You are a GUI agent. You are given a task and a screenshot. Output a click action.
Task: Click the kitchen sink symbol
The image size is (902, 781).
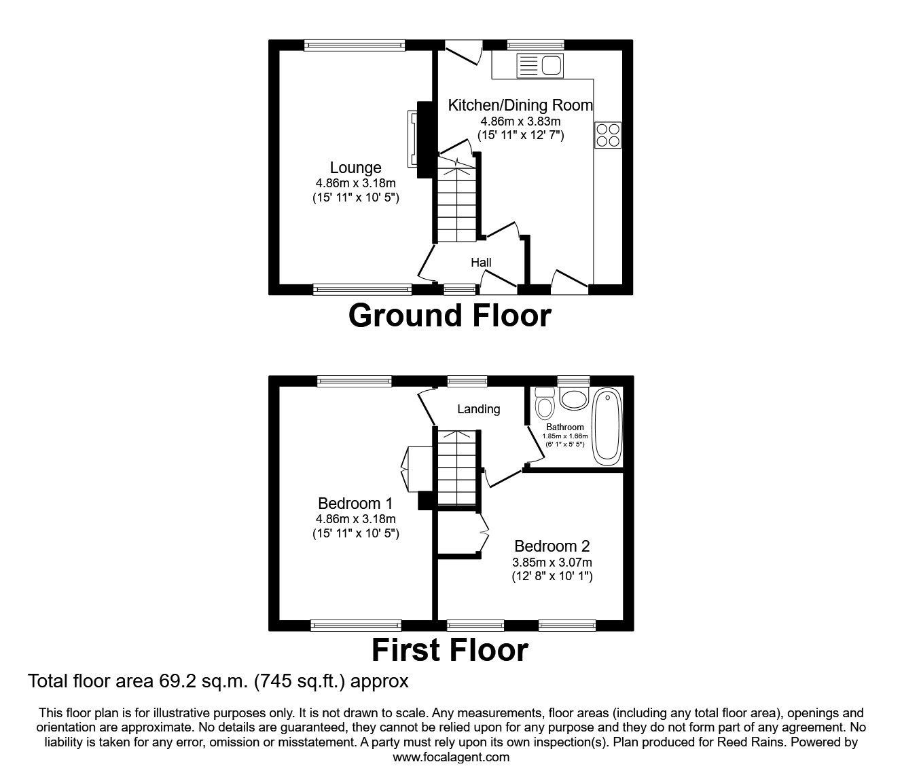(540, 66)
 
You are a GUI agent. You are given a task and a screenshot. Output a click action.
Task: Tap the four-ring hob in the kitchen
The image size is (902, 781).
(608, 134)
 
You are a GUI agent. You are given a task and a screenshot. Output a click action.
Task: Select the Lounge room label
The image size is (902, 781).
(355, 168)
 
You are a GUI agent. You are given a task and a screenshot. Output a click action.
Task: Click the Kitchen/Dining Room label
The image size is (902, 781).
(520, 105)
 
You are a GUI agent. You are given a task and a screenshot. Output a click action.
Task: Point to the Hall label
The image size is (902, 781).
(481, 263)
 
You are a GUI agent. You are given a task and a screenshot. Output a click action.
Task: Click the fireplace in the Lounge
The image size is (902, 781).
(413, 138)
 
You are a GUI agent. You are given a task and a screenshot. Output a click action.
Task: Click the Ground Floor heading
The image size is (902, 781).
(450, 316)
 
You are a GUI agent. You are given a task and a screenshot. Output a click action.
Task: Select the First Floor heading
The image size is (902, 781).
(450, 650)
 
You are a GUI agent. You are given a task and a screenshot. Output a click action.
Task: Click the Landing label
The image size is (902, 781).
(478, 409)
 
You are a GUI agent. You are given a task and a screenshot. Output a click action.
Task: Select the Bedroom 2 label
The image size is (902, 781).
(552, 546)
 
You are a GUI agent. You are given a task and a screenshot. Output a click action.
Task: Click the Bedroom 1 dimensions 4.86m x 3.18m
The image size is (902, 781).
(355, 519)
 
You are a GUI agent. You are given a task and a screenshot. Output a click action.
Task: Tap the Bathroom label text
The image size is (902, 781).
(564, 427)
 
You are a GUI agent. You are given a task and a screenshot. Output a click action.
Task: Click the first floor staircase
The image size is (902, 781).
(456, 468)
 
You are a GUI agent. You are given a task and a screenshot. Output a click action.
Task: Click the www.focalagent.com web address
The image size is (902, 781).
(451, 757)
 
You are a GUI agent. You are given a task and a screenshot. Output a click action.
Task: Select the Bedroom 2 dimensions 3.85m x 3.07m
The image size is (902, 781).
(552, 563)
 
